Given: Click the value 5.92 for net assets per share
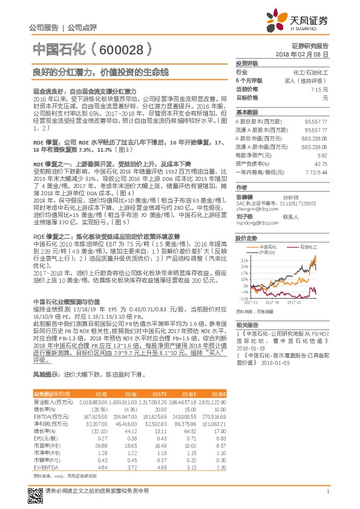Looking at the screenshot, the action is point(322,155).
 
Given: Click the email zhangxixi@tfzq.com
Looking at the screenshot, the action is point(253,209).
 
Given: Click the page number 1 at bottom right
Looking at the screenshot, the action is point(327,491).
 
